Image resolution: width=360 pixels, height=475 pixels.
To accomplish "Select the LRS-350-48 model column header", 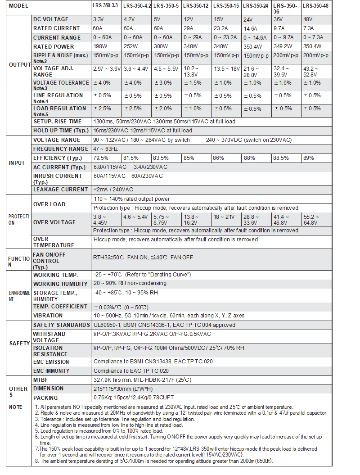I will click(x=315, y=6).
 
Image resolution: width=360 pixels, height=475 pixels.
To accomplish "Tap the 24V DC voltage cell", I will click(x=248, y=20).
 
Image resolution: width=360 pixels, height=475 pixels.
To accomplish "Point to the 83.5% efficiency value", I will click(x=161, y=158).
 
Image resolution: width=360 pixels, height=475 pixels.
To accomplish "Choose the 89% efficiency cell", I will click(x=309, y=158).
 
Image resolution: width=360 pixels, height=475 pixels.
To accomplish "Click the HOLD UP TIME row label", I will click(x=60, y=131).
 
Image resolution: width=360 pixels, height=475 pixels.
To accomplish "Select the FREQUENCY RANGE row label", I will click(x=60, y=149).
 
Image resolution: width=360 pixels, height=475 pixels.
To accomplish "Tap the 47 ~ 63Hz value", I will click(x=105, y=149).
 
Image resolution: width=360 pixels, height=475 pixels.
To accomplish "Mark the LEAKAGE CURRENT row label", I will click(x=60, y=190).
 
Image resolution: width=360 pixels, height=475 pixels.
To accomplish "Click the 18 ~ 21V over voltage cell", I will click(x=224, y=217).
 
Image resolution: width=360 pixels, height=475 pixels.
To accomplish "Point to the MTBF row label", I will click(x=41, y=380).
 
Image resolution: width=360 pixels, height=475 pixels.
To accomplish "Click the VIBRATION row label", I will click(x=48, y=316).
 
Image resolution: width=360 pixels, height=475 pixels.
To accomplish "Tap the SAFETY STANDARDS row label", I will click(x=61, y=325).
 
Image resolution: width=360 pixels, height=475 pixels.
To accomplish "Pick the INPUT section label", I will click(x=17, y=163).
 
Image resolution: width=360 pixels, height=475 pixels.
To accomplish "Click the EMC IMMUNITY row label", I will click(x=51, y=371).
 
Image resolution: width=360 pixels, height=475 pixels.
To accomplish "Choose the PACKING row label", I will click(x=45, y=398).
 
